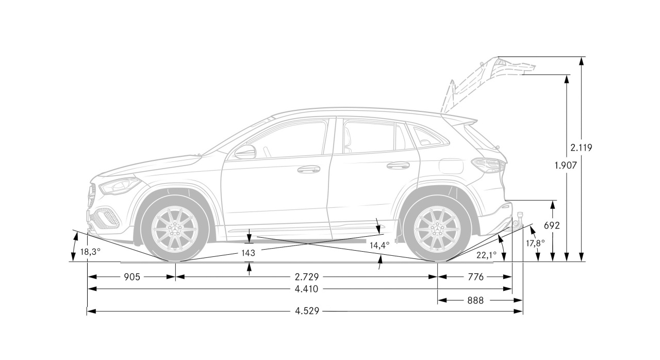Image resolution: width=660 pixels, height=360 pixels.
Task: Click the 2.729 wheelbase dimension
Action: (x=307, y=277)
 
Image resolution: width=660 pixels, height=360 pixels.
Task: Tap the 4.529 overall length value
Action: (x=307, y=311)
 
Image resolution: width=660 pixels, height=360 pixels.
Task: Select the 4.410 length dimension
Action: (x=306, y=289)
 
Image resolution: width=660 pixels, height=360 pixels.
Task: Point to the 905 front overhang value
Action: (x=131, y=277)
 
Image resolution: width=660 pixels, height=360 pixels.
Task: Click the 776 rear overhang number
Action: (x=475, y=277)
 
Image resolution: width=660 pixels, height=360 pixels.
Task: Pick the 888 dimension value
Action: (x=475, y=301)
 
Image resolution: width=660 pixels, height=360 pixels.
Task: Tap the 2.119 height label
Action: (x=581, y=148)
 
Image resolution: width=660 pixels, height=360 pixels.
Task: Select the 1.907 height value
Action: (x=566, y=166)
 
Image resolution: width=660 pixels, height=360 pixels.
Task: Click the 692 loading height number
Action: (x=552, y=226)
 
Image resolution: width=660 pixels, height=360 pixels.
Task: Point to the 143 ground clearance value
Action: (x=248, y=253)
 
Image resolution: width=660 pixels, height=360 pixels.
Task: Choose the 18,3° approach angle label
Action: (x=90, y=252)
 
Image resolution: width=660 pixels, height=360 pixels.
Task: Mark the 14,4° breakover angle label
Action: (x=379, y=246)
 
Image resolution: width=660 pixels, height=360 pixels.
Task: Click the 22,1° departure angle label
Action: (x=486, y=255)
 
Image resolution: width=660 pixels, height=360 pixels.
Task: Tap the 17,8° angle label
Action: (x=535, y=243)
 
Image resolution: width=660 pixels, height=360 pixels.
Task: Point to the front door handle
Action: (x=309, y=169)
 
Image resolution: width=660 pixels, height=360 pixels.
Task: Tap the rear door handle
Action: (x=398, y=165)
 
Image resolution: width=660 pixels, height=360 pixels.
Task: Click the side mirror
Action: (x=245, y=152)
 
